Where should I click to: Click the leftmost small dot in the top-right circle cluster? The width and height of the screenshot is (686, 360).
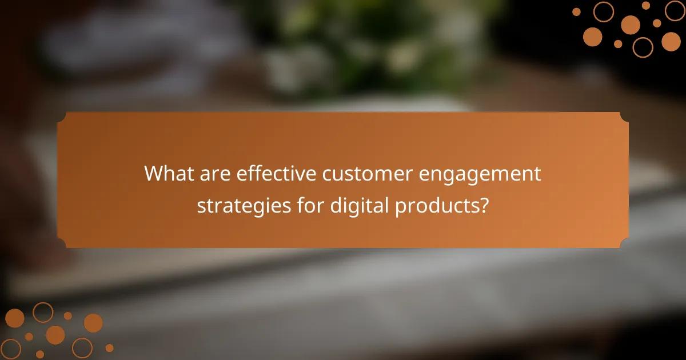coord(576,11)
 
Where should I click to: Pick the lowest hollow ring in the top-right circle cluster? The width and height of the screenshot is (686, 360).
coord(643,47)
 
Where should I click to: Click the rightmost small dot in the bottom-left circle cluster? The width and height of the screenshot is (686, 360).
coord(109,347)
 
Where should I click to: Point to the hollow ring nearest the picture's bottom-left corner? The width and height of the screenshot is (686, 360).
coord(10,349)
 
